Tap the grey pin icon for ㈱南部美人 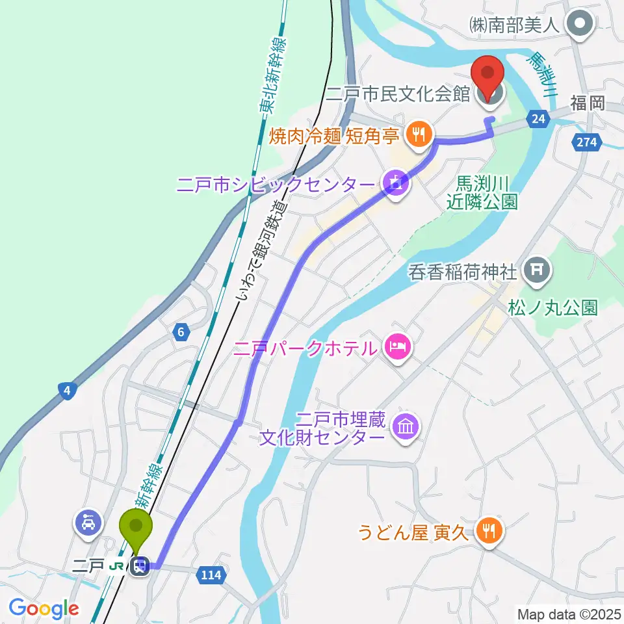577,25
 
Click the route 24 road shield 537,118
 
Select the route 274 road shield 585,142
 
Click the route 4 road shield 68,391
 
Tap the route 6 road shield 181,332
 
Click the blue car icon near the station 88,521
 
